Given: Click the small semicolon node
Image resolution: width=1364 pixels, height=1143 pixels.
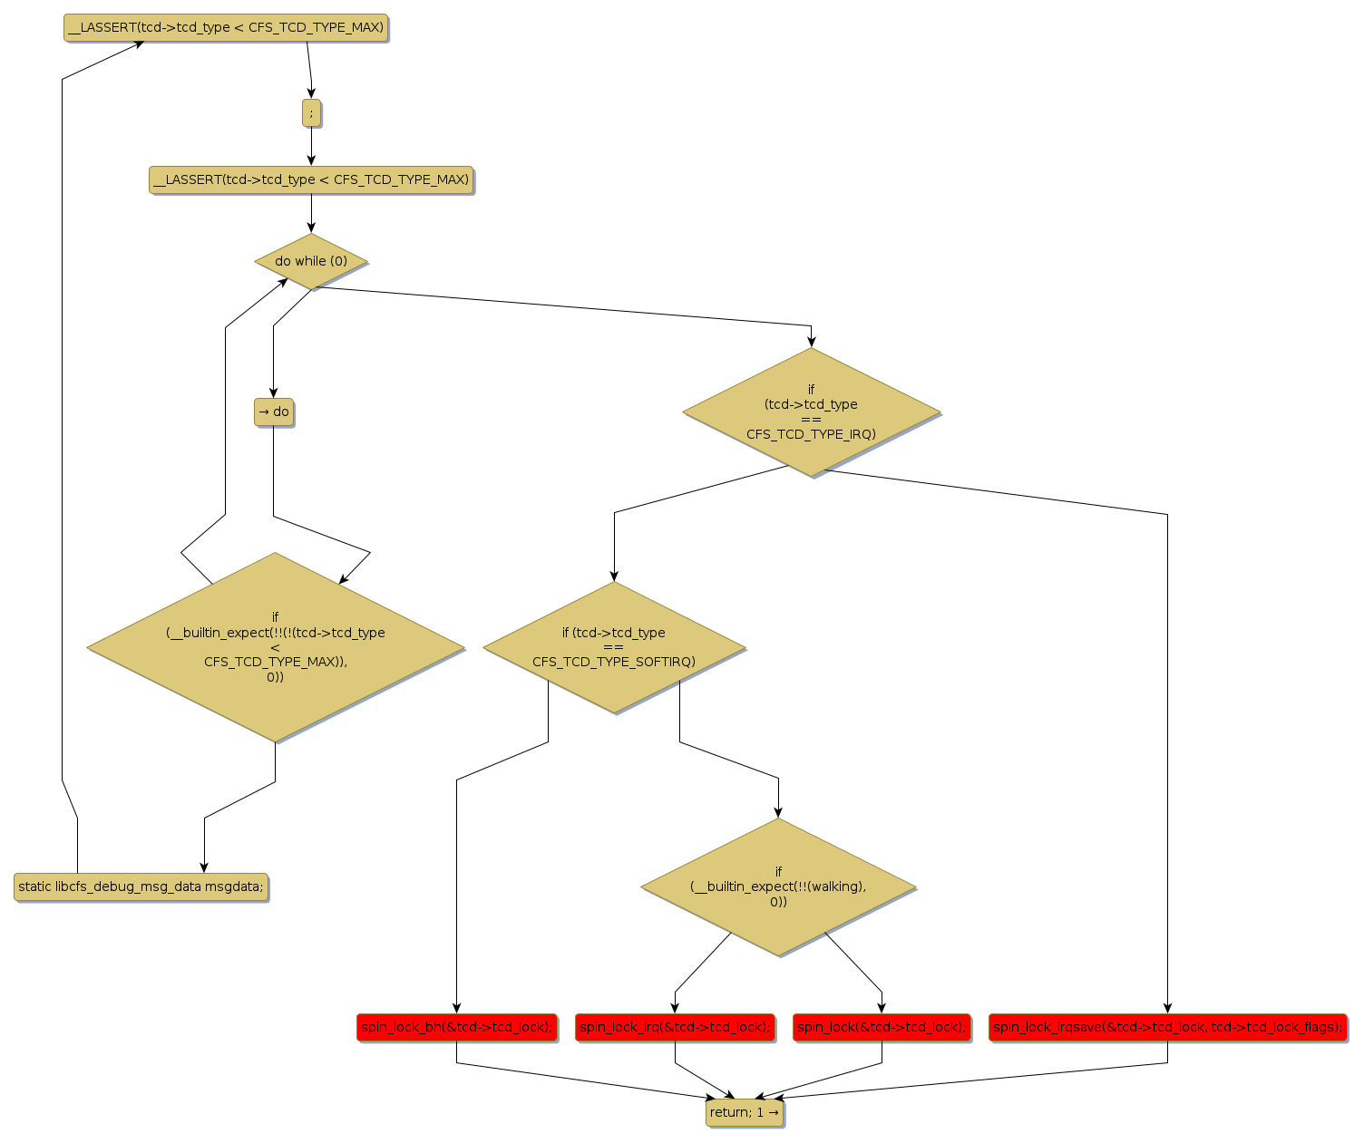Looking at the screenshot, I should (x=311, y=113).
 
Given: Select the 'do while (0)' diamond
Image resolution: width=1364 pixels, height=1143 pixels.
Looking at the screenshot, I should (x=311, y=261).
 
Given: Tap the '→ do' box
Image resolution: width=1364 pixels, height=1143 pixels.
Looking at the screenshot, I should (x=274, y=412).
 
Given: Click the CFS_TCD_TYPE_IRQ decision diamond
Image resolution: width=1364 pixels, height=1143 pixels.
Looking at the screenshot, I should (x=811, y=412).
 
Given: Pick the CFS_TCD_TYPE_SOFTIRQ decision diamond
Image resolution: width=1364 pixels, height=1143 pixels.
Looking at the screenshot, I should (x=614, y=647).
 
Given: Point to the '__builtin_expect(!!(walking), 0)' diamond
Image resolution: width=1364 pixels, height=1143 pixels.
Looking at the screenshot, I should (x=778, y=886).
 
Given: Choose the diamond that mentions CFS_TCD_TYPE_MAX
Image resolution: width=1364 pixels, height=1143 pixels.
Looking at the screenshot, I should (x=276, y=647).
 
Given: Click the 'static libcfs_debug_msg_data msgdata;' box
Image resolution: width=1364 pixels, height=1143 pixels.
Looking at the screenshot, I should (x=141, y=886).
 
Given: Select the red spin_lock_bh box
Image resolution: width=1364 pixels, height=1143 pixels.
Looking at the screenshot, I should (x=456, y=1027).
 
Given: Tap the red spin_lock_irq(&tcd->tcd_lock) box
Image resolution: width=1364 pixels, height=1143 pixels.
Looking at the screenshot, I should (x=675, y=1027).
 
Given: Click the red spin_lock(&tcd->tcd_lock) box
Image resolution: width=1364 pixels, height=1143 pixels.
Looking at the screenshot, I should (x=882, y=1027).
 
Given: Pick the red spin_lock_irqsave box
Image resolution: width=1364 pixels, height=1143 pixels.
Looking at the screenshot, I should (x=1167, y=1027).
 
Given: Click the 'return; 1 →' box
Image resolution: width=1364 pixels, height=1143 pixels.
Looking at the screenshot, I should (x=745, y=1112).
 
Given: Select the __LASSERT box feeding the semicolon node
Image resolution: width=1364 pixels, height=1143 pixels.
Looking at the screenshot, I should (x=226, y=28).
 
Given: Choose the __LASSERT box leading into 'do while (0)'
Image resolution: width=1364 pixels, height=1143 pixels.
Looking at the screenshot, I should (x=311, y=179).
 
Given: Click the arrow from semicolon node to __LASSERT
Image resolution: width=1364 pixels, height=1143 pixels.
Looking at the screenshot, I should (x=311, y=145).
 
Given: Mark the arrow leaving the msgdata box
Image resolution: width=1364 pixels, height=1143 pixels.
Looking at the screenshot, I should (x=63, y=453).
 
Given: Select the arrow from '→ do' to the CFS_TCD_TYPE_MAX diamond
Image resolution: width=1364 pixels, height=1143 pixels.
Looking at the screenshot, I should (x=274, y=480).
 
